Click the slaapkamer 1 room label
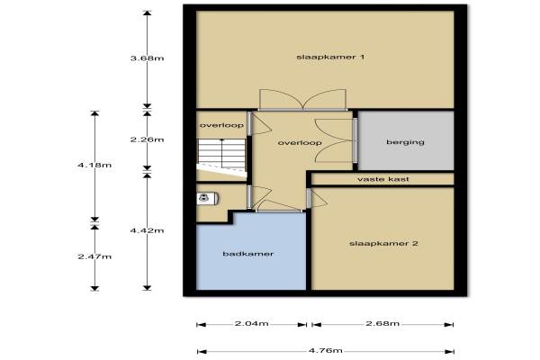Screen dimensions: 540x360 (330, 57)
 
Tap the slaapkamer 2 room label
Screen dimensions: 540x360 (383, 244)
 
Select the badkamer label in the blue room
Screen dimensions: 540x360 (248, 254)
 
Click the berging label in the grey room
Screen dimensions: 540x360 (405, 142)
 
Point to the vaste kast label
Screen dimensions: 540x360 (383, 179)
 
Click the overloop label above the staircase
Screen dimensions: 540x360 (221, 125)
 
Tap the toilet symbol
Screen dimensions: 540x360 (207, 198)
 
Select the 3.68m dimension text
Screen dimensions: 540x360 (147, 58)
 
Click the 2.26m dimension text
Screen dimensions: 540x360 (147, 139)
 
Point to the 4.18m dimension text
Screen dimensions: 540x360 (94, 165)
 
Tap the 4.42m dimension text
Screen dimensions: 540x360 (147, 230)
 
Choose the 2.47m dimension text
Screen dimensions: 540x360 (94, 256)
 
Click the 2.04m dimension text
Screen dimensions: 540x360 (251, 323)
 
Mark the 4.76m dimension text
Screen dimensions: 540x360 (325, 351)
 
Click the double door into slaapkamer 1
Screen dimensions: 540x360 (302, 100)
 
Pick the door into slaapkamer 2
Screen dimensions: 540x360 (316, 198)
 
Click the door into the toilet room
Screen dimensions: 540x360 (259, 197)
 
